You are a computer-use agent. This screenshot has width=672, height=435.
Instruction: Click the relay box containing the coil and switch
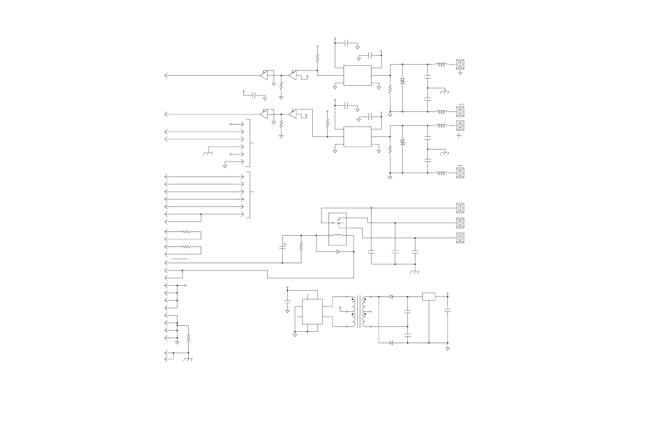point(337,229)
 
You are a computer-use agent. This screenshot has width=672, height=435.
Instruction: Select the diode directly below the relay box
point(337,252)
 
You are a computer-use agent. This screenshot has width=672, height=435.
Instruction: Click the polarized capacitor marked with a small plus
point(282,248)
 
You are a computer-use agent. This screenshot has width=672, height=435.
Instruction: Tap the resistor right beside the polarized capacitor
point(301,247)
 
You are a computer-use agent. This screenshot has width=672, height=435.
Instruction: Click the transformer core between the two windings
point(359,312)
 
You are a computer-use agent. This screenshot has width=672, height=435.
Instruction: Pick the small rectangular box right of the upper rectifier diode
point(429,297)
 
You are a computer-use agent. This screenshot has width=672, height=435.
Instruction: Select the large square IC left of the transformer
point(312,312)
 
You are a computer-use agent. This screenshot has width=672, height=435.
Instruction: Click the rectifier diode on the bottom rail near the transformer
point(391,343)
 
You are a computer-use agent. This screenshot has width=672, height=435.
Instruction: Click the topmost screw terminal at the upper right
point(460,65)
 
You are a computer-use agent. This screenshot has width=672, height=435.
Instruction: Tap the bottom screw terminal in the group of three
point(460,238)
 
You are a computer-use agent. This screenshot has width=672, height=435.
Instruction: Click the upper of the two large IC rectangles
point(357,76)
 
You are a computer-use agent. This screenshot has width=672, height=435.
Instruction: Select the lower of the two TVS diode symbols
point(402,142)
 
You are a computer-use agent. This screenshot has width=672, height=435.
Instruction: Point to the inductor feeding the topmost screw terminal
point(441,65)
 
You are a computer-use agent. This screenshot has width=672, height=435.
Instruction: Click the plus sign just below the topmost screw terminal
point(460,73)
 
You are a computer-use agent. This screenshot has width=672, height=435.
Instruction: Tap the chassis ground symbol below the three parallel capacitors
point(415,272)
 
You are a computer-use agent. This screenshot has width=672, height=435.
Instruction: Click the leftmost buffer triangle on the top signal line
point(264,76)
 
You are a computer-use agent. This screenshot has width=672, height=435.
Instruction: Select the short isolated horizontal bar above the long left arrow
point(180,258)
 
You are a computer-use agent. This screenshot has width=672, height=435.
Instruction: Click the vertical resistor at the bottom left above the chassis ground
point(188,338)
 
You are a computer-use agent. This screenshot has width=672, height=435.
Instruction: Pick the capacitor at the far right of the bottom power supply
point(447,310)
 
